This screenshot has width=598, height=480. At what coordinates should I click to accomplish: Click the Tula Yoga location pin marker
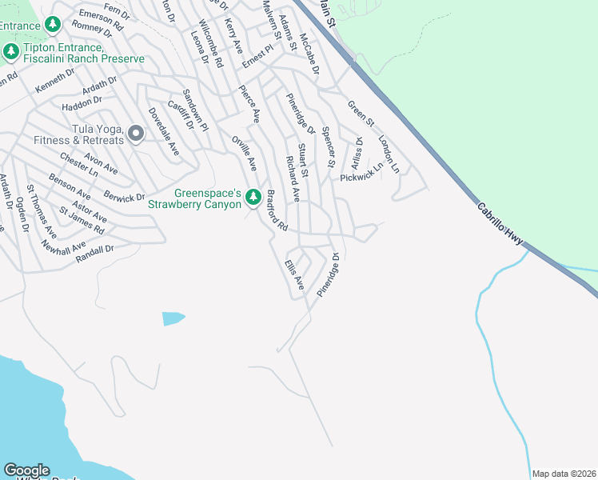coord(135,134)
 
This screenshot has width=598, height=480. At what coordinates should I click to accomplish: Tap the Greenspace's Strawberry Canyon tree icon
coord(253,197)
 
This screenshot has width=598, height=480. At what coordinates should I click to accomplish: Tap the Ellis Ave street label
coord(294,274)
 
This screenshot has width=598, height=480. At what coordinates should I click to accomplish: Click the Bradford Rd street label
coord(277,211)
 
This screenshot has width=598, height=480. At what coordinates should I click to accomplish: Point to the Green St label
coord(361,112)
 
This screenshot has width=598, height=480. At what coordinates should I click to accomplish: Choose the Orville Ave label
coord(244,152)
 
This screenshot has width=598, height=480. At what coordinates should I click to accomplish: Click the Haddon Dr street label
coord(82,102)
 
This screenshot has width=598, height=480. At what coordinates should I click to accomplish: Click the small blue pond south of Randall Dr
coord(173,318)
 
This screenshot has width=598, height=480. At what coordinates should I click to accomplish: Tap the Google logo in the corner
coord(26,470)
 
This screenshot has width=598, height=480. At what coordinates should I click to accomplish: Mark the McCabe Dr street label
coord(309,54)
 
